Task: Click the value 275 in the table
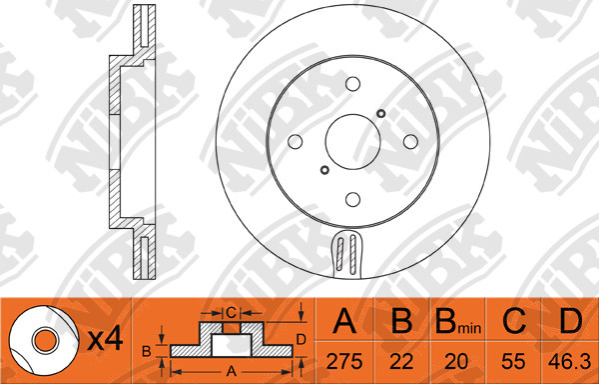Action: click(x=344, y=361)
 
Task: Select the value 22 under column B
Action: click(x=401, y=361)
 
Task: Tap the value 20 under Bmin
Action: click(x=456, y=361)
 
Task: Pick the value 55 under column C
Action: click(x=513, y=361)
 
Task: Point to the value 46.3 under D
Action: click(x=570, y=361)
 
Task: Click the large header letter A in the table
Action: click(x=344, y=321)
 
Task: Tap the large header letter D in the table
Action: click(x=570, y=321)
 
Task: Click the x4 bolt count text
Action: click(x=105, y=339)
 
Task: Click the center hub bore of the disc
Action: click(x=353, y=142)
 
